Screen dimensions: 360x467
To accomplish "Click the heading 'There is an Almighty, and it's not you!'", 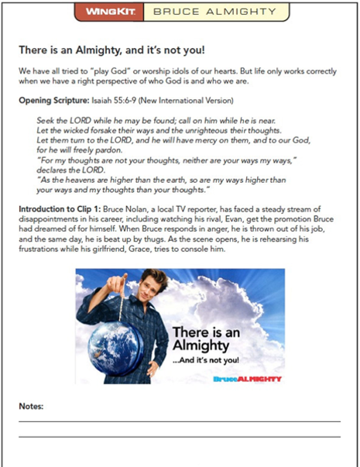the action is tap(111, 50).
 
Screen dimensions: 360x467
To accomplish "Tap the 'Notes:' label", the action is tap(31, 407).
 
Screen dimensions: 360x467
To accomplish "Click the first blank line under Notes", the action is tap(179, 421).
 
